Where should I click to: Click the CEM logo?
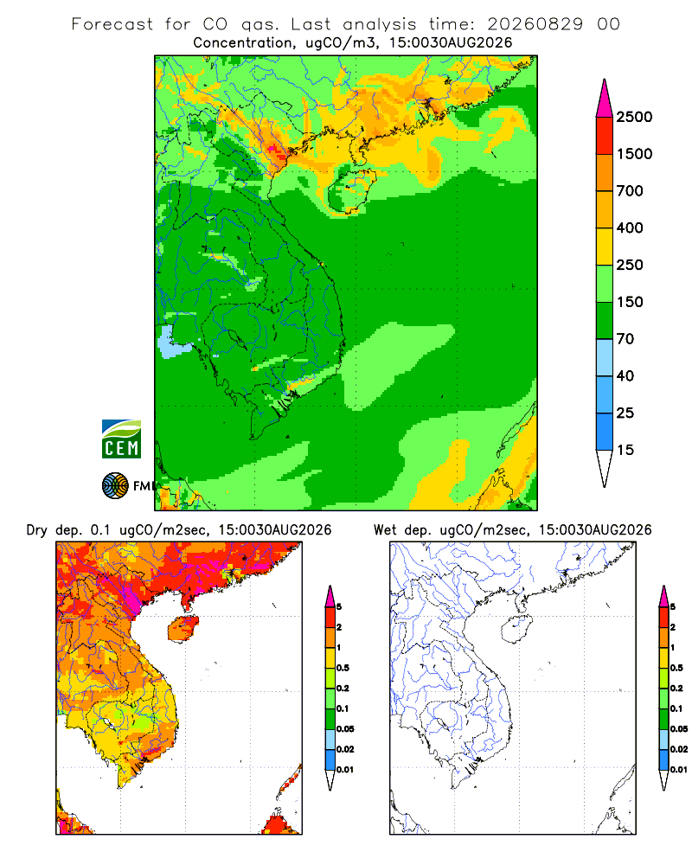point(121,439)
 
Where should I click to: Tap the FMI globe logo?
point(115,486)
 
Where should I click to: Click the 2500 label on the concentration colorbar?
point(634,117)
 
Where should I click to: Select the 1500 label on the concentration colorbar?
point(634,154)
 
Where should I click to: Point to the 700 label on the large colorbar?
point(630,191)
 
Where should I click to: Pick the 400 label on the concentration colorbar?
point(630,227)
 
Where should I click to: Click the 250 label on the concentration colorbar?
point(630,265)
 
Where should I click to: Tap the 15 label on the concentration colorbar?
point(625,450)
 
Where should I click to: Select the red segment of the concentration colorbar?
point(605,136)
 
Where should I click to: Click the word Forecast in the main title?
point(112,24)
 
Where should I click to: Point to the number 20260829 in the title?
point(535,24)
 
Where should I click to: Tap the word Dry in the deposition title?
point(37,530)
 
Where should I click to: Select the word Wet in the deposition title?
point(385,530)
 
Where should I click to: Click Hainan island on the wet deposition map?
point(516,629)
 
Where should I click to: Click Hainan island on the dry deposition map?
point(183,629)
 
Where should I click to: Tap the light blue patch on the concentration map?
point(172,342)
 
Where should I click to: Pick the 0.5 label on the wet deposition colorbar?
point(676,668)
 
